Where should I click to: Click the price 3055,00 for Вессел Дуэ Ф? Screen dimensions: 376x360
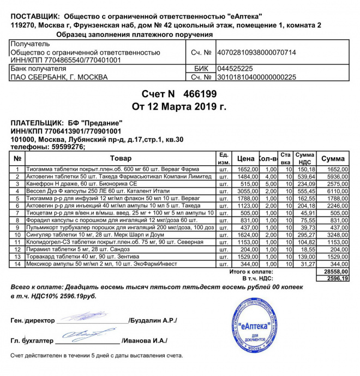246,193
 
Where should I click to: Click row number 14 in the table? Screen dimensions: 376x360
17,264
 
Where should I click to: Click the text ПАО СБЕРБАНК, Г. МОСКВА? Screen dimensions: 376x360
59,77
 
